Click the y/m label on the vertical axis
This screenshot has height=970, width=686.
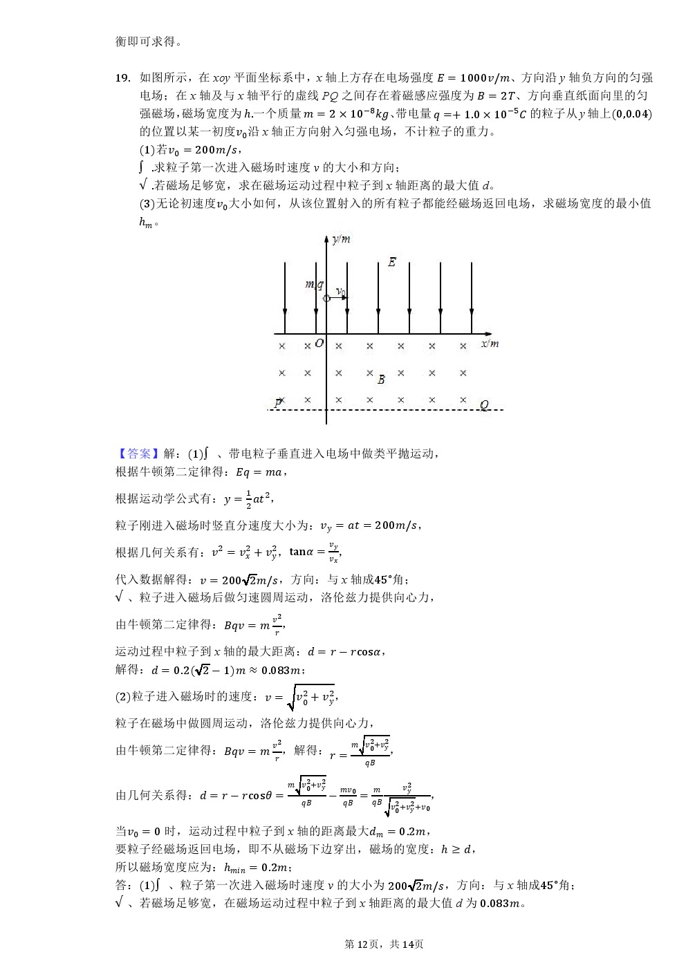pyautogui.click(x=340, y=239)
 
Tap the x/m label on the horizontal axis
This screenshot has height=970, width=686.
pyautogui.click(x=490, y=344)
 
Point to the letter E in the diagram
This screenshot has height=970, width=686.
pyautogui.click(x=391, y=262)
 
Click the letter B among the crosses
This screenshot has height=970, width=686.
pyautogui.click(x=381, y=380)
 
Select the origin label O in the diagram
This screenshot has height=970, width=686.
pyautogui.click(x=319, y=344)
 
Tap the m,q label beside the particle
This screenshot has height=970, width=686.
pyautogui.click(x=314, y=284)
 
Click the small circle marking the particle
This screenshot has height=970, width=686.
pyautogui.click(x=326, y=298)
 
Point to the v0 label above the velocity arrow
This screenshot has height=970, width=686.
pyautogui.click(x=340, y=292)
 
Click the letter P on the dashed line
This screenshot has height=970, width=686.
pyautogui.click(x=278, y=403)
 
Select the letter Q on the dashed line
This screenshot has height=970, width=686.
pyautogui.click(x=483, y=405)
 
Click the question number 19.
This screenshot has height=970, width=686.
pyautogui.click(x=122, y=78)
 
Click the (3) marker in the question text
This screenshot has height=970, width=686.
pyautogui.click(x=147, y=203)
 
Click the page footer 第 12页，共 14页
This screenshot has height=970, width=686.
pyautogui.click(x=384, y=944)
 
